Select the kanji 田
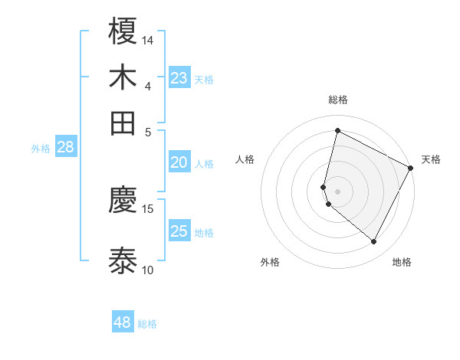[x=123, y=123]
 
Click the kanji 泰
[x=123, y=260]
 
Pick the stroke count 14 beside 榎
[x=148, y=40]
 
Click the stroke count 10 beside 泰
[x=148, y=270]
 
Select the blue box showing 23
[x=179, y=78]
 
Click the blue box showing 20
[x=179, y=162]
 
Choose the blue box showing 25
[x=179, y=231]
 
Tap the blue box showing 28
[x=65, y=148]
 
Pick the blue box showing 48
[x=123, y=322]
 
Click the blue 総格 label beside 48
[x=147, y=324]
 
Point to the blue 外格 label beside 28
[x=41, y=149]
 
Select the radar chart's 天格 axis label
[x=431, y=159]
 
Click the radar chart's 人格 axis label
[x=245, y=159]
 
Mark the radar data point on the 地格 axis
[x=373, y=242]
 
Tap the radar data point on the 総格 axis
[x=337, y=130]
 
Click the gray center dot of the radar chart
[x=337, y=191]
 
